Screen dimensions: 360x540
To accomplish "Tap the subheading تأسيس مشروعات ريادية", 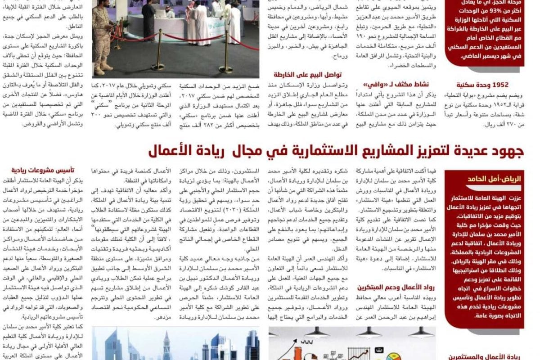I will click(x=44, y=171).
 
